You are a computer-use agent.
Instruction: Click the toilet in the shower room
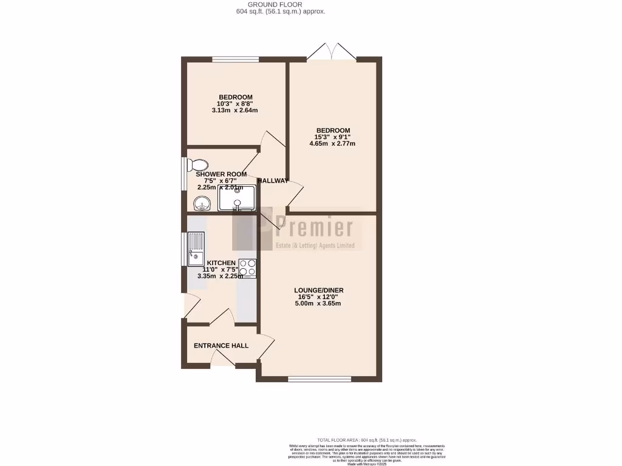click(198, 164)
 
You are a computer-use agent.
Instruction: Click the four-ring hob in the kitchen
click(248, 268)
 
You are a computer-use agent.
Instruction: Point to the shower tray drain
click(238, 191)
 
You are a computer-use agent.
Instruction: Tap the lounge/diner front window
click(320, 379)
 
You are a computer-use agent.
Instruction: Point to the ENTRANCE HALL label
click(221, 346)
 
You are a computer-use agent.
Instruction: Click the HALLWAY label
click(273, 181)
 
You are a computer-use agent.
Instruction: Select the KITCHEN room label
click(221, 263)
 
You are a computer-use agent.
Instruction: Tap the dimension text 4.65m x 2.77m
click(332, 144)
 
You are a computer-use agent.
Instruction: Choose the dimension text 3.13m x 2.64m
click(235, 110)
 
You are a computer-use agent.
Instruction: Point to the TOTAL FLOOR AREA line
click(367, 439)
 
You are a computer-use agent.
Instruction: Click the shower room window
click(183, 175)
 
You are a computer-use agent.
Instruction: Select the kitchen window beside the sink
click(183, 249)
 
